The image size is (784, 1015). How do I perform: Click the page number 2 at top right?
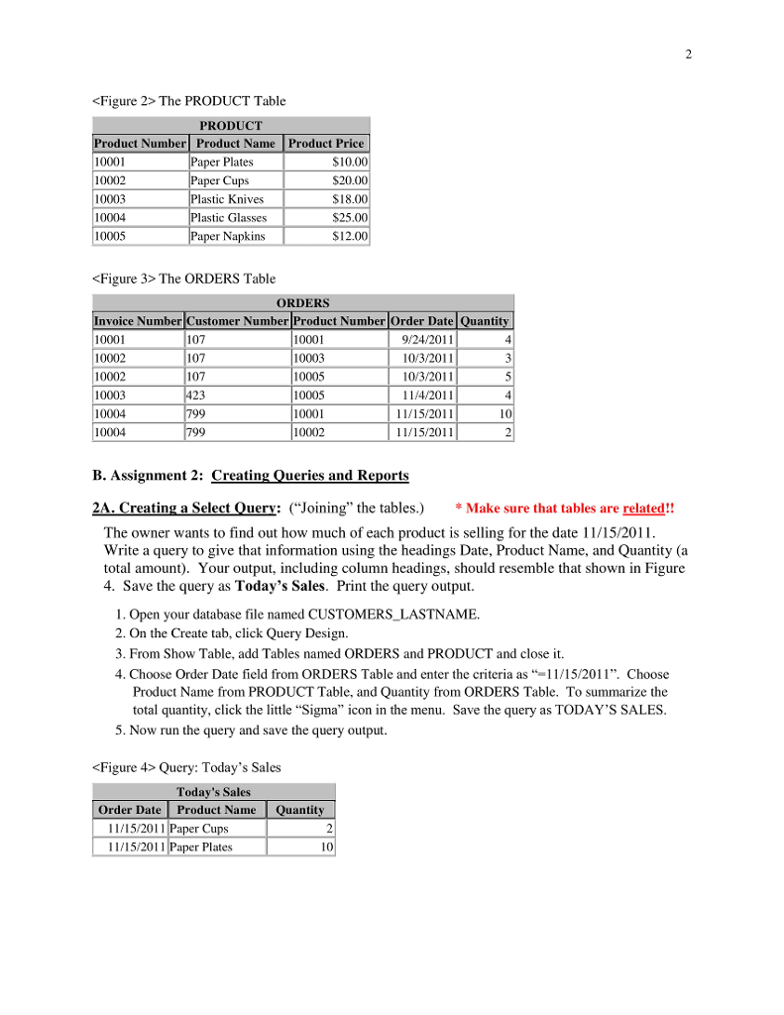pyautogui.click(x=688, y=54)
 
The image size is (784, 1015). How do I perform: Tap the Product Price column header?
pyautogui.click(x=325, y=143)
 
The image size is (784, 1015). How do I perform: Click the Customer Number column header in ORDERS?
pyautogui.click(x=237, y=320)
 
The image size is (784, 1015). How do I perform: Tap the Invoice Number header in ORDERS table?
pyautogui.click(x=138, y=320)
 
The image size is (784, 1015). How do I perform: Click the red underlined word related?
pyautogui.click(x=643, y=508)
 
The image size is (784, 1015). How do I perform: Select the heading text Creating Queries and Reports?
pyautogui.click(x=309, y=476)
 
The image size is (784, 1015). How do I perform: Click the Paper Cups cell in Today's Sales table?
pyautogui.click(x=199, y=828)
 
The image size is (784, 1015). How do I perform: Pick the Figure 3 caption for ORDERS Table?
pyautogui.click(x=183, y=279)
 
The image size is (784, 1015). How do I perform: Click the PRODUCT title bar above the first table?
pyautogui.click(x=231, y=125)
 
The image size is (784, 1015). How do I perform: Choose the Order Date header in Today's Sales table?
pyautogui.click(x=129, y=809)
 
